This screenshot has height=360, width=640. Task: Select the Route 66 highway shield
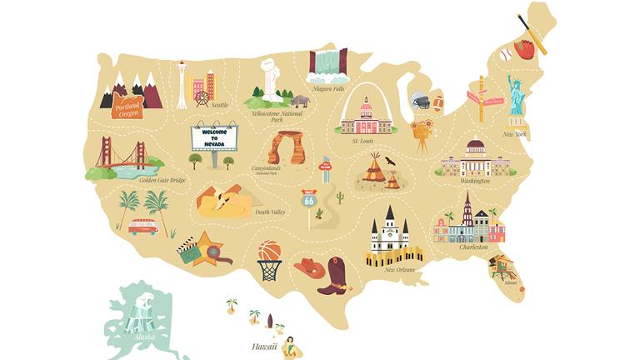pos(308,199)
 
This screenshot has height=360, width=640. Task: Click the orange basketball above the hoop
pos(269,251)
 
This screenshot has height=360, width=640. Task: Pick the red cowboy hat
pos(308,268)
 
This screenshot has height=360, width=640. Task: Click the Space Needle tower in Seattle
pos(181,84)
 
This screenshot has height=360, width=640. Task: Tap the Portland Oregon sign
pos(128,106)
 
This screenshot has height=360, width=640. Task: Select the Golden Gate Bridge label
pos(162,179)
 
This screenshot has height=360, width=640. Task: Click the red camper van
pos(143,227)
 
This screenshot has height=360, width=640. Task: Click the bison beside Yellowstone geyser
pos(300,102)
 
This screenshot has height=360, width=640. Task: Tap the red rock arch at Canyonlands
pos(285,147)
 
